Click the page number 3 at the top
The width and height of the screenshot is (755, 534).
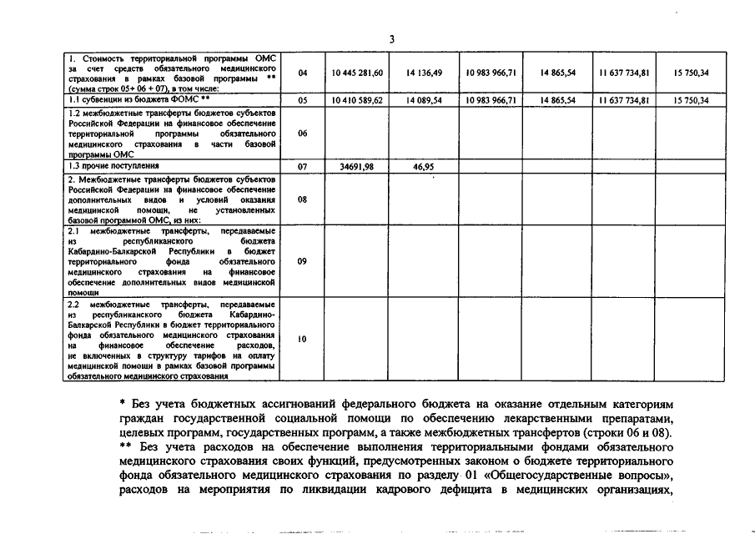point(391,39)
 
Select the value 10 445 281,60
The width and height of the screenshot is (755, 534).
point(356,73)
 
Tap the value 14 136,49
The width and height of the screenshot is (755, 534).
point(424,73)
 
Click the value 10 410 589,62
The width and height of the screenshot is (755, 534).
point(356,100)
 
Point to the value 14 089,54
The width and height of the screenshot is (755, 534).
point(424,100)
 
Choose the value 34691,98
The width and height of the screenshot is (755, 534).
point(356,167)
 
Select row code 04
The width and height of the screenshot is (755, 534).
point(302,73)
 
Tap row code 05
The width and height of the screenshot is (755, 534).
point(302,100)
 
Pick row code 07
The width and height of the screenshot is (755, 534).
point(302,167)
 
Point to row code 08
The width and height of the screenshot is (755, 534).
point(302,199)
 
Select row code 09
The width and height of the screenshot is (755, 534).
point(302,261)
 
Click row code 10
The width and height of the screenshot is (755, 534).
point(302,339)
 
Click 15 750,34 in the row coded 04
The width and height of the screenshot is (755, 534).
point(692,73)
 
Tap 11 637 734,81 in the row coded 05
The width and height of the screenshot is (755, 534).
point(624,100)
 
